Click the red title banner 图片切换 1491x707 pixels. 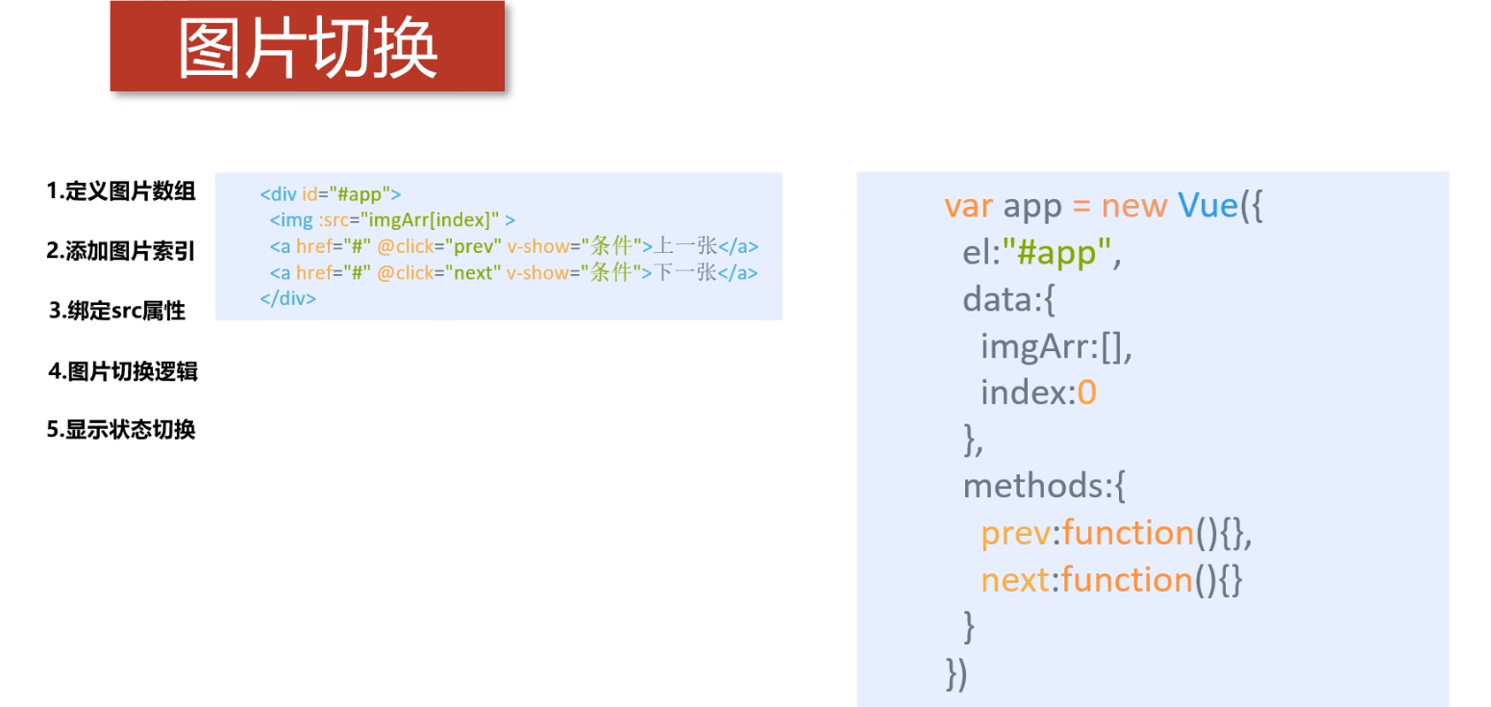coord(308,47)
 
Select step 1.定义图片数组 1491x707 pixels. coord(121,191)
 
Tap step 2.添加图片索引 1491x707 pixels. coord(121,252)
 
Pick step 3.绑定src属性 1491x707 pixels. coord(117,312)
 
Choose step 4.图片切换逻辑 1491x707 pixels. coord(123,371)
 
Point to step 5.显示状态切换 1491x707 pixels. coord(121,430)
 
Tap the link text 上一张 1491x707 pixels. coord(685,246)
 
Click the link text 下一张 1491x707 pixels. coord(685,272)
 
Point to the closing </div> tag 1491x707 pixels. coord(287,298)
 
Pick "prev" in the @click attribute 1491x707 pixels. coord(474,246)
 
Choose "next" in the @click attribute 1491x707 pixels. coord(473,272)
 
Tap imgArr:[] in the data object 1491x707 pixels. coord(1056,346)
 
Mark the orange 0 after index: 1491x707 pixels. coord(1086,392)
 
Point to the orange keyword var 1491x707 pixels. coord(969,206)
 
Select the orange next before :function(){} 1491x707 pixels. coord(1015,580)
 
